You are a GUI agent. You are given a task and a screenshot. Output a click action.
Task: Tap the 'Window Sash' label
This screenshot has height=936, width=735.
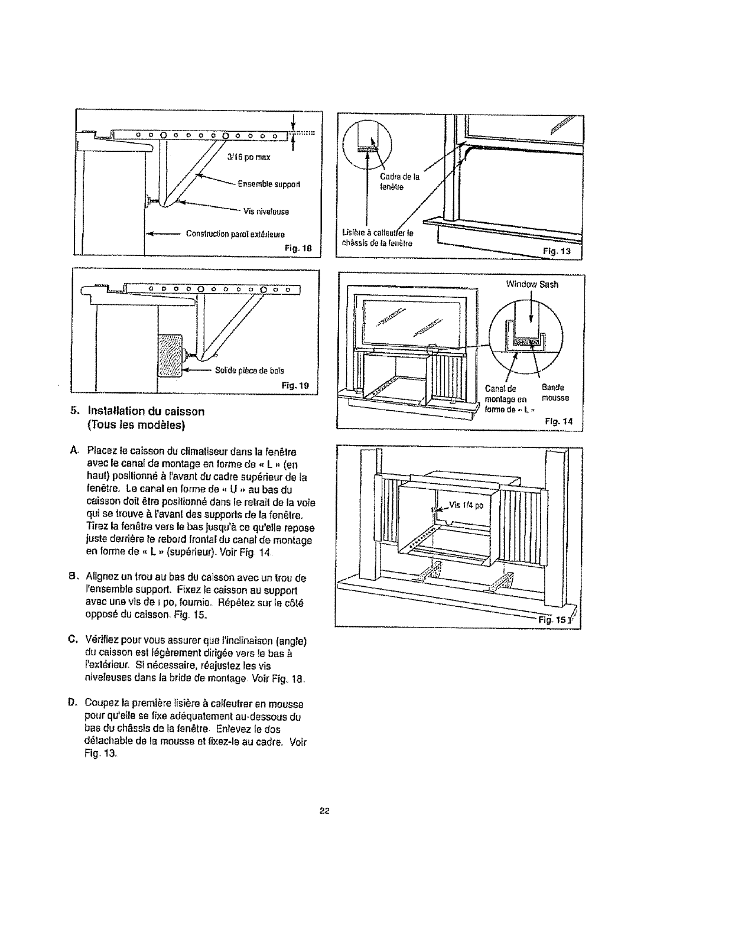(532, 284)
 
